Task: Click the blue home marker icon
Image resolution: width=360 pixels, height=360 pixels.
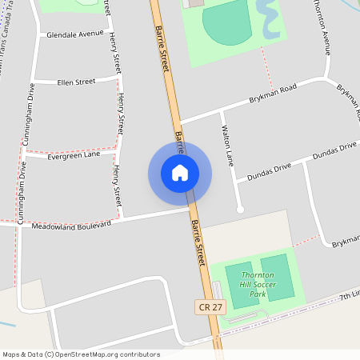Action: point(180,173)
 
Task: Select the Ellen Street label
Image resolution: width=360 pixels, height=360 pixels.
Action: point(76,81)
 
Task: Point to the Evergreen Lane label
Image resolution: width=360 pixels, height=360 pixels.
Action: point(74,155)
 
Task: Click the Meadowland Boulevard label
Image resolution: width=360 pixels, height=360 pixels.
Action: point(70,226)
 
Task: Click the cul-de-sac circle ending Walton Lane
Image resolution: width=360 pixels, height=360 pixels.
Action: point(240,210)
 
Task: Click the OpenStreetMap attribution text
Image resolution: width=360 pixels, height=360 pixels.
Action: point(81,354)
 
